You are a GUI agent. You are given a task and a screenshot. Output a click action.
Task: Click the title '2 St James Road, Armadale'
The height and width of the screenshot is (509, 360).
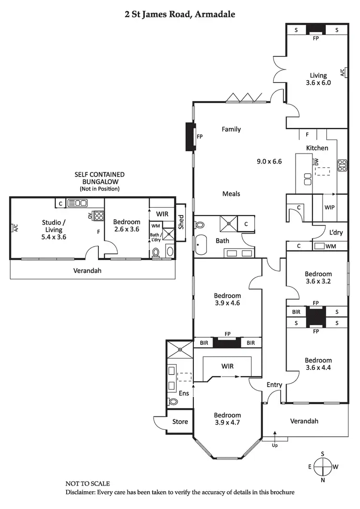180,14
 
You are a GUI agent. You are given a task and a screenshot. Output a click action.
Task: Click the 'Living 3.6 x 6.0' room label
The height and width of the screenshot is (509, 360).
318,79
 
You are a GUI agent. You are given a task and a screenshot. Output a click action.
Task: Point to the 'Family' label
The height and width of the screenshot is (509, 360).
231,129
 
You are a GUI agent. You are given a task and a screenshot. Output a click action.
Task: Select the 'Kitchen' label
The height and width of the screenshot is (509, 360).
317,148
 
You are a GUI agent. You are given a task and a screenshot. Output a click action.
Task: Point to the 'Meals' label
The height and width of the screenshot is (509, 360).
231,194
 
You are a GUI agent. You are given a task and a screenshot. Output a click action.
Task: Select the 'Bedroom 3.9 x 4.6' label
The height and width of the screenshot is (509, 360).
227,299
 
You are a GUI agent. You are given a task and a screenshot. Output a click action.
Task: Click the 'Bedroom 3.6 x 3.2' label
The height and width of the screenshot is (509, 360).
318,278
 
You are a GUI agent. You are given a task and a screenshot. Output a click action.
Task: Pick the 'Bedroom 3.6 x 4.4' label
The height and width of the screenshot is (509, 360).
318,364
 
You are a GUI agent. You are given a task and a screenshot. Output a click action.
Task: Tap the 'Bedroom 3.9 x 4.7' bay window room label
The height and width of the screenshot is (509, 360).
227,419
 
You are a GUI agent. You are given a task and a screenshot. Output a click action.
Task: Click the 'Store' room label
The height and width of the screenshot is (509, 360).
180,422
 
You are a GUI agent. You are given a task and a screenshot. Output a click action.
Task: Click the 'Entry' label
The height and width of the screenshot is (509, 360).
274,385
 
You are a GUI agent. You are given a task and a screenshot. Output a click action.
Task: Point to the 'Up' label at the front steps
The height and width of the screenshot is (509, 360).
275,445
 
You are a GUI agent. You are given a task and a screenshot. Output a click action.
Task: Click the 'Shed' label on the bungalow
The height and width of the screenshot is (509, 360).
181,221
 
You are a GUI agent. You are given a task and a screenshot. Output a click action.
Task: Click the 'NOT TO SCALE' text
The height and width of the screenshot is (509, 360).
87,484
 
